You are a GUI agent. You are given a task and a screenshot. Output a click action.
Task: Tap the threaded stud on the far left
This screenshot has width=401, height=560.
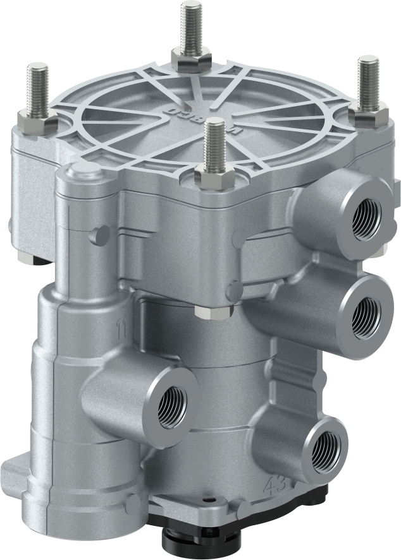[39, 88]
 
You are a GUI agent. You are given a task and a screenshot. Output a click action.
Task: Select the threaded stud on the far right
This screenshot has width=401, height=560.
[367, 83]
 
